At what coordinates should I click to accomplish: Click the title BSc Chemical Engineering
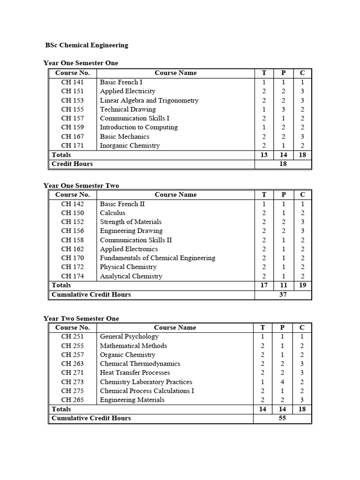pos(87,45)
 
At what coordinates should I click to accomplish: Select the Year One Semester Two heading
pos(81,186)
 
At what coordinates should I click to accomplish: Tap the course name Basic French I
pos(121,82)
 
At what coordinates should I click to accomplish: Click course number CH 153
pos(73,100)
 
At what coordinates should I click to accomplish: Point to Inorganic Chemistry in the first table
pos(130,145)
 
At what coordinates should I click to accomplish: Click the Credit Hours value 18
pos(283,164)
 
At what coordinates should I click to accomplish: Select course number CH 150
pos(73,213)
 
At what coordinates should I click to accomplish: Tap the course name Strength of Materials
pos(131,222)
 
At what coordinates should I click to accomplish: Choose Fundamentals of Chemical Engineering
pos(157,258)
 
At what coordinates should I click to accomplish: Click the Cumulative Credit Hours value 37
pos(283,295)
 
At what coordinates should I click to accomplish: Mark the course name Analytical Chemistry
pos(131,276)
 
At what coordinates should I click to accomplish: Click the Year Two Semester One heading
pos(81,318)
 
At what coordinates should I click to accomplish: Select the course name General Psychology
pos(129,337)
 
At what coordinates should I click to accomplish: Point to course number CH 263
pos(73,364)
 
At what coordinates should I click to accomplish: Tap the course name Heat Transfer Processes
pos(135,373)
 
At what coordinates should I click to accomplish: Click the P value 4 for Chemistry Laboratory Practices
pos(283,382)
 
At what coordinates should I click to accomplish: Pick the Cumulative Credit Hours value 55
pos(283,418)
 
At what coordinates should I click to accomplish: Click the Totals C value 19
pos(302,285)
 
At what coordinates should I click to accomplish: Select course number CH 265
pos(73,400)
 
